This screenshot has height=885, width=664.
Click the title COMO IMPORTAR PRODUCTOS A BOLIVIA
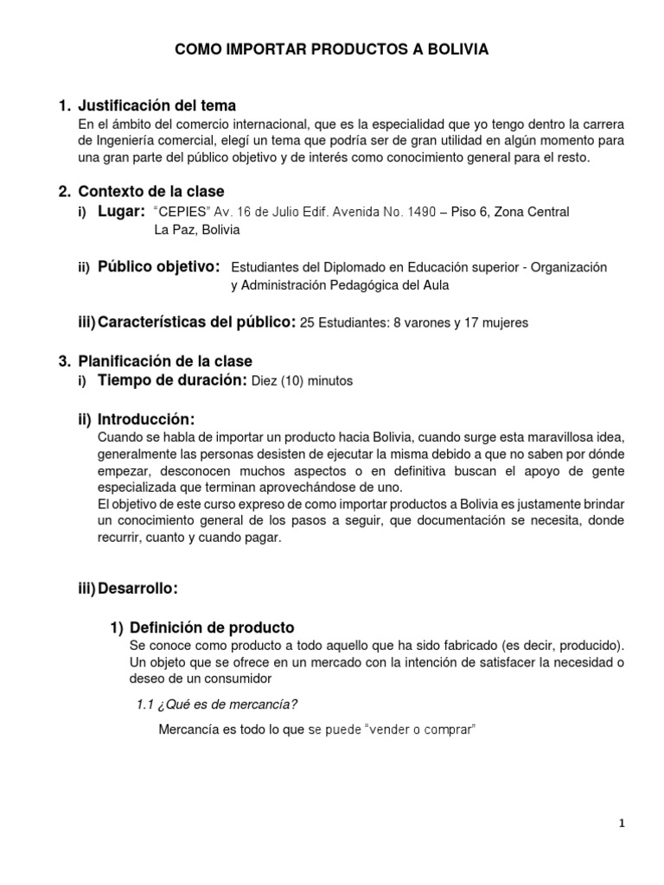[332, 50]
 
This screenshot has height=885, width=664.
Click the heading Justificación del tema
[156, 106]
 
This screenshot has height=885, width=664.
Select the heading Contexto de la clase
[150, 191]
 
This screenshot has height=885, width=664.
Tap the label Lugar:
[121, 212]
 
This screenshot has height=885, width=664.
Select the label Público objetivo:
[159, 266]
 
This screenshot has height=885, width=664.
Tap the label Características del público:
[196, 322]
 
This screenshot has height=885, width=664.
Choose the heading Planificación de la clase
[165, 361]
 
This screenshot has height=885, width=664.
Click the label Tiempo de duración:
[172, 380]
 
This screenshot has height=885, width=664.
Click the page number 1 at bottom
[622, 825]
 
